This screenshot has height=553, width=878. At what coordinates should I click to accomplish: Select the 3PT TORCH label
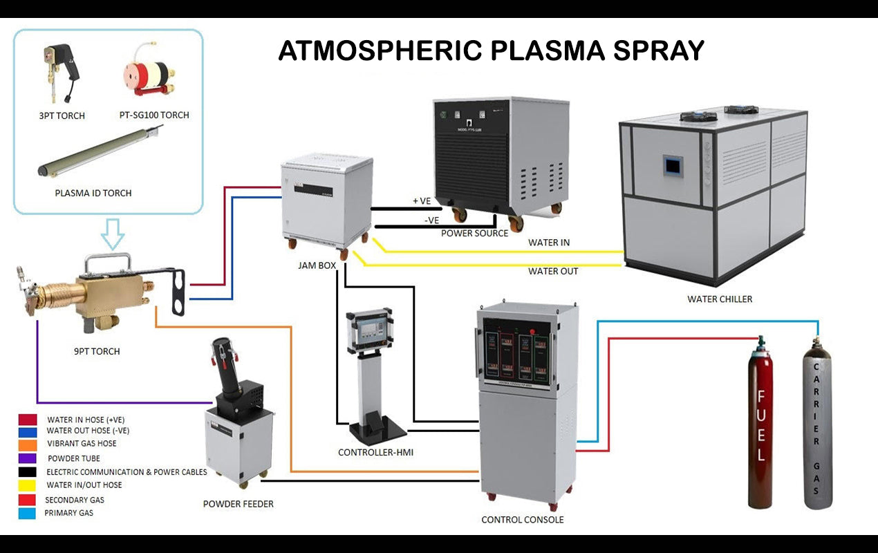[62, 115]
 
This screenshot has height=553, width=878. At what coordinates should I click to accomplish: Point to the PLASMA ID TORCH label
[93, 193]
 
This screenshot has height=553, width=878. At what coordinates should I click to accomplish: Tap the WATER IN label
[549, 243]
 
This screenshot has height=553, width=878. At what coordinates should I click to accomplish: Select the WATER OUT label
[553, 271]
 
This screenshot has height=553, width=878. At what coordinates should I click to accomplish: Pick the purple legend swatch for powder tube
[28, 458]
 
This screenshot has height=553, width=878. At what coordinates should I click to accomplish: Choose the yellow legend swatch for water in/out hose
[28, 485]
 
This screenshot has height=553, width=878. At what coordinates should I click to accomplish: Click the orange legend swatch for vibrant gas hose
[28, 444]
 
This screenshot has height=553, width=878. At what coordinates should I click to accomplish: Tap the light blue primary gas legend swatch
[28, 513]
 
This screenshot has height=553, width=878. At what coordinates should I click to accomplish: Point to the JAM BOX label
[317, 265]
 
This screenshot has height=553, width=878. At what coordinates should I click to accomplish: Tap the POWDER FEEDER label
[238, 504]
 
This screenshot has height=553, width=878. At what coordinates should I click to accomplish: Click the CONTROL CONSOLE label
[522, 519]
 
